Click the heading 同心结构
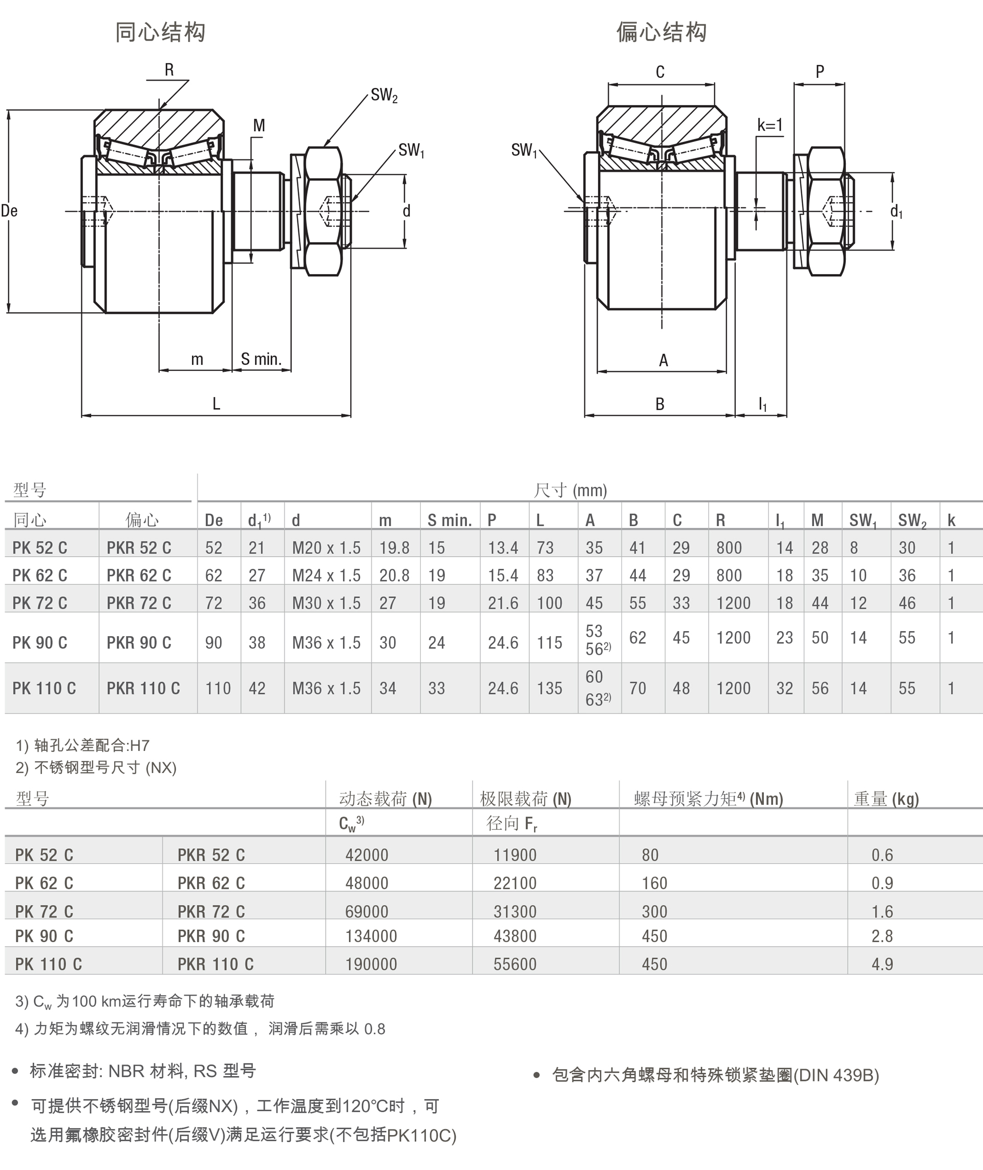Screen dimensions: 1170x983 click(160, 32)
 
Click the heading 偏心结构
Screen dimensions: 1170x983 click(661, 32)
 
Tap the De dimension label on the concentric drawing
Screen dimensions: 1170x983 click(10, 211)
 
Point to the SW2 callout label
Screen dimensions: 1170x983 click(384, 95)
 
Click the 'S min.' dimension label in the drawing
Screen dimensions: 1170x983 click(261, 360)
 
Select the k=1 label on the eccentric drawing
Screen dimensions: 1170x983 click(770, 125)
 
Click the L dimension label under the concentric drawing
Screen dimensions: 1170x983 click(216, 404)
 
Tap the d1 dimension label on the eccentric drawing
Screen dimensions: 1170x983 click(896, 211)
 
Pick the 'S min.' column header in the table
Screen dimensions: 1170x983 click(449, 520)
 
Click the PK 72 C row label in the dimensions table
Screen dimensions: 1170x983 click(39, 603)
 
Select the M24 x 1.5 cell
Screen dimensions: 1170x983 click(326, 575)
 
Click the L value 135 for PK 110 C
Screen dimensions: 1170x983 click(549, 688)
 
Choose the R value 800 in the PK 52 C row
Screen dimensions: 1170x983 click(729, 548)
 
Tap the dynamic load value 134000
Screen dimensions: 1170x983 click(371, 936)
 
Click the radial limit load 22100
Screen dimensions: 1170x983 click(515, 883)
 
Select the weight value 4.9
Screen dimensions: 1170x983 click(882, 964)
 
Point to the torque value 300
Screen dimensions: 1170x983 click(654, 911)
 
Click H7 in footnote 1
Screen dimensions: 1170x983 click(139, 745)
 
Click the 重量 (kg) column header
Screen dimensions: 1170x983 click(886, 799)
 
